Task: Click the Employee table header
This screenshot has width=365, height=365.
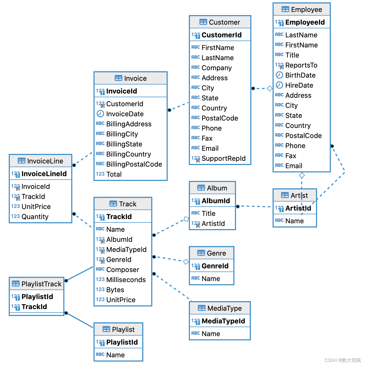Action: coord(301,10)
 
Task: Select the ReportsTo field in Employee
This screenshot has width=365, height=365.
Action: coord(301,65)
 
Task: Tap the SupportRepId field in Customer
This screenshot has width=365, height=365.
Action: coord(223,158)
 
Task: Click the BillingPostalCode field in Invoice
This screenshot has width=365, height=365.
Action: coord(134,164)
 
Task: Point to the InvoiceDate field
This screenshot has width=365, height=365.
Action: coord(125,114)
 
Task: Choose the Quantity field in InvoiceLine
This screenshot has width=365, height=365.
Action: coord(35,217)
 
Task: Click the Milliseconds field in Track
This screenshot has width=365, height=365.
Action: coord(126,280)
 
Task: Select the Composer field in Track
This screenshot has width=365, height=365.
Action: coord(123,270)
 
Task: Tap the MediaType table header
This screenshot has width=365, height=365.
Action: coord(220,308)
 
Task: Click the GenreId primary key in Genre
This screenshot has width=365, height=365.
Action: coord(215,266)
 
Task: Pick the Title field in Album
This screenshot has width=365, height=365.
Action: coord(208,213)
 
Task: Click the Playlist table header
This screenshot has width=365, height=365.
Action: coord(118,330)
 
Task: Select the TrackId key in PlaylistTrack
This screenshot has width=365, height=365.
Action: coord(34,307)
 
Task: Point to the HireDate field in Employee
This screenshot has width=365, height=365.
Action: coord(299,85)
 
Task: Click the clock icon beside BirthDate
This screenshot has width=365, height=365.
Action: coord(279,75)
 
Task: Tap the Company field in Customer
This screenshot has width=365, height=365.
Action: coord(216,68)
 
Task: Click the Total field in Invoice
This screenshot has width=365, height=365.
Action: coord(114,174)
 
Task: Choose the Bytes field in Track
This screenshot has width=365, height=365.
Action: coord(115,290)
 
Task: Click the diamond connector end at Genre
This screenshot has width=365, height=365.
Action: coord(186,262)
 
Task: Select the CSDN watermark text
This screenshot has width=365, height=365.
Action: coord(342,360)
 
